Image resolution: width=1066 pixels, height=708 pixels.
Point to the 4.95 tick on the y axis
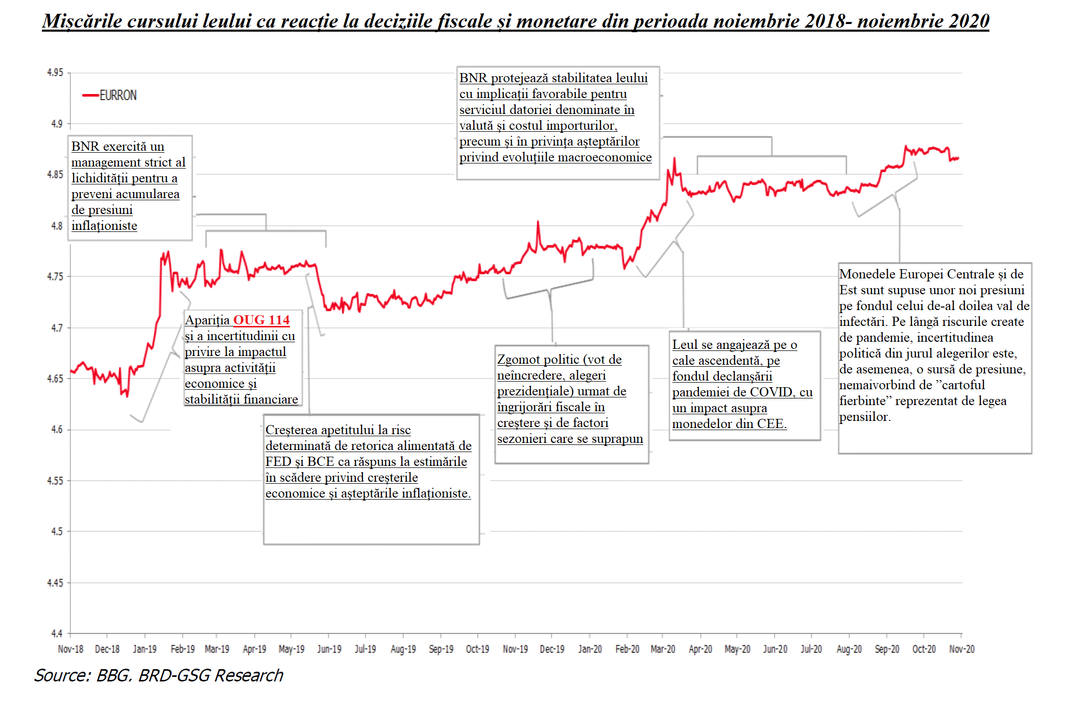click(55, 73)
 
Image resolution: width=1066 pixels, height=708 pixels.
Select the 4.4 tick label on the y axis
click(56, 633)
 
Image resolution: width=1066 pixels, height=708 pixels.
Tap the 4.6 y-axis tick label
click(57, 430)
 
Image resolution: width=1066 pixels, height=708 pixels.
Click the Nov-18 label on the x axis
click(70, 649)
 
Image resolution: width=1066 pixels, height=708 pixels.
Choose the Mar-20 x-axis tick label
click(663, 649)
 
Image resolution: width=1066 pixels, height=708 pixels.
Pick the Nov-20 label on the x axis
click(961, 649)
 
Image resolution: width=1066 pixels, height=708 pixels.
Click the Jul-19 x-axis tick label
click(365, 649)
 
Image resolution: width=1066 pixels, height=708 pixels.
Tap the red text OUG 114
click(261, 320)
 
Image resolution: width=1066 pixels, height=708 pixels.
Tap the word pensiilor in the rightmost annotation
click(865, 417)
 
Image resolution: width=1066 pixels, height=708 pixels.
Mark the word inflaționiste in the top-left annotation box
click(104, 226)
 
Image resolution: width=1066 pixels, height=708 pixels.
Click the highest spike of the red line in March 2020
click(674, 158)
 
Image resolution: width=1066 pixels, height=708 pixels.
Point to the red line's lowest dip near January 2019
click(127, 396)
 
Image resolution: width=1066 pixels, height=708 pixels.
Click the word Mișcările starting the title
click(82, 21)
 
